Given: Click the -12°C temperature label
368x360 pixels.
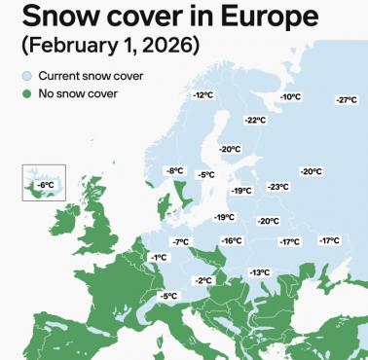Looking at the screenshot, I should (x=202, y=95).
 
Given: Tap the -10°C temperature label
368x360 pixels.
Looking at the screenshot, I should (x=290, y=97).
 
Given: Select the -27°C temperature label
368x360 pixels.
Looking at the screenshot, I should (x=346, y=100).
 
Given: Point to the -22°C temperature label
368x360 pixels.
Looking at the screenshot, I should (x=254, y=120).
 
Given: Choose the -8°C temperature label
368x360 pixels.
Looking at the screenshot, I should (x=175, y=171).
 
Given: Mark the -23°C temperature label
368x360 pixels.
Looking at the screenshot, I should (x=277, y=187).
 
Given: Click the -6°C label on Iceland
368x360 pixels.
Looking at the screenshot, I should (x=45, y=184).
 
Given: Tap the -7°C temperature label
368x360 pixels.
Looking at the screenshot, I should (x=180, y=241).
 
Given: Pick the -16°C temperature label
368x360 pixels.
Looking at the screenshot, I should (x=231, y=240).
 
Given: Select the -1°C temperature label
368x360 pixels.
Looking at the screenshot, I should (x=158, y=257).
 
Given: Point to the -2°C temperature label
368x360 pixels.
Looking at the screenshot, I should (x=202, y=280).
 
